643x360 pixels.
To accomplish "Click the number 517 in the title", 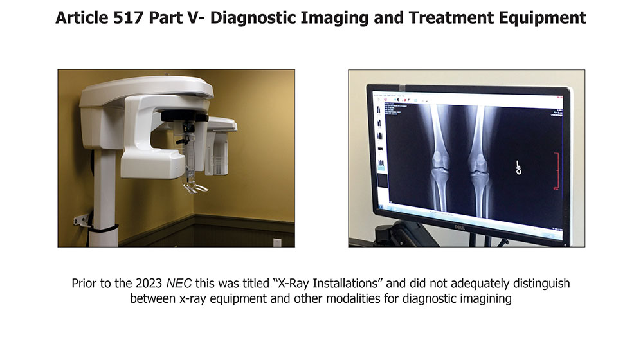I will (x=120, y=18).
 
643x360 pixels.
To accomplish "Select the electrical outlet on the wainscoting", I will (x=276, y=242).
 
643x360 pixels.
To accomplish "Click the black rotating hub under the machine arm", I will (x=183, y=116).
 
